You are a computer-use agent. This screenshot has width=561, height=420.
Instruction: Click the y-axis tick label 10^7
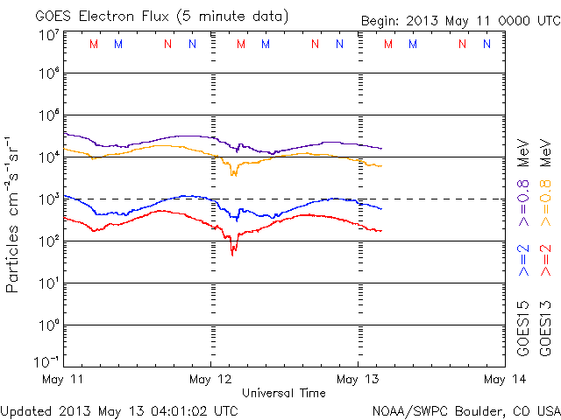coord(49,34)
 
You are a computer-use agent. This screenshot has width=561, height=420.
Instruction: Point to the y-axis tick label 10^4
coord(49,157)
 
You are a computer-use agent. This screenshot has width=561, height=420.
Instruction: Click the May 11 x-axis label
coord(64,379)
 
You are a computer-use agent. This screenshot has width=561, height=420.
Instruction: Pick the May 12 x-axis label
coord(210,379)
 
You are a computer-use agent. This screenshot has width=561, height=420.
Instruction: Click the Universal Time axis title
coord(284,393)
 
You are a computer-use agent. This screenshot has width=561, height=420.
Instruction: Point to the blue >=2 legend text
coord(524,260)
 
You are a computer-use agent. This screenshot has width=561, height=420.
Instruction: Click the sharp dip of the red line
coord(232,254)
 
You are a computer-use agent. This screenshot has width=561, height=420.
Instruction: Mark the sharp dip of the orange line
coord(232,175)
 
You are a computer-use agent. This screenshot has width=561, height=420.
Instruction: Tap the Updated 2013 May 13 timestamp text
coord(119,409)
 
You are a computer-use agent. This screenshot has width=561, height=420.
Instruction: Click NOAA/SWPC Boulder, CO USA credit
coord(465,409)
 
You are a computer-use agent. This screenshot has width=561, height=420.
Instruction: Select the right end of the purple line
coord(381,148)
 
